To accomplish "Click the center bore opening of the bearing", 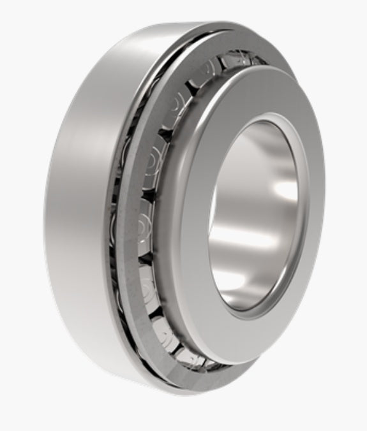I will (255, 210).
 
